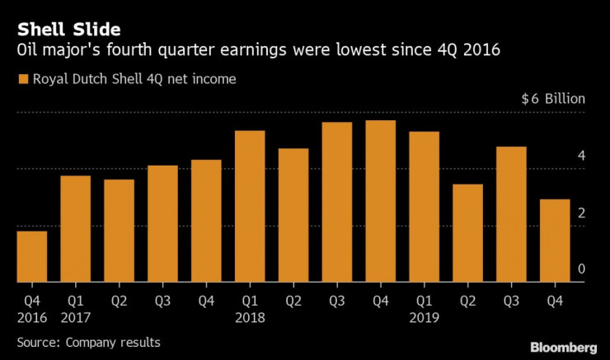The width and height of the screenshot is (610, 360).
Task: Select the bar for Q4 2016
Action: (32, 256)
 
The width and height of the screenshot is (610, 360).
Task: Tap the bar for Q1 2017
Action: (76, 228)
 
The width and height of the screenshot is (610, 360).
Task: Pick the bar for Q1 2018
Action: (250, 206)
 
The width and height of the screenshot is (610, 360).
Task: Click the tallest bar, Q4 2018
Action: (381, 201)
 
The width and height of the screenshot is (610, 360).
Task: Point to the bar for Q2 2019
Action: (468, 233)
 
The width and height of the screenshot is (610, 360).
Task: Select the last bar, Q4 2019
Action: (555, 241)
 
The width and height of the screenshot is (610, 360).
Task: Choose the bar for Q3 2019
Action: (511, 214)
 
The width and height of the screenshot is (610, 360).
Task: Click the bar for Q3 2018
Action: (337, 202)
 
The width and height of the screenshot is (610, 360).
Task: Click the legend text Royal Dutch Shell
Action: (78, 80)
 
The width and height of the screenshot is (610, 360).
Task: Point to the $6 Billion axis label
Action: (552, 99)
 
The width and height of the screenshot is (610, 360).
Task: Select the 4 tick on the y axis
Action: (581, 156)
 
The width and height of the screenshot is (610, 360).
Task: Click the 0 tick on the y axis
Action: (581, 269)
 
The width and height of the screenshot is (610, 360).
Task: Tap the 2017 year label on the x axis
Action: (76, 316)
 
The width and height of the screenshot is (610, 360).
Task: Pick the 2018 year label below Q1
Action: (250, 316)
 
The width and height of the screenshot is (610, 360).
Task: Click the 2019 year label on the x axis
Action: (425, 316)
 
